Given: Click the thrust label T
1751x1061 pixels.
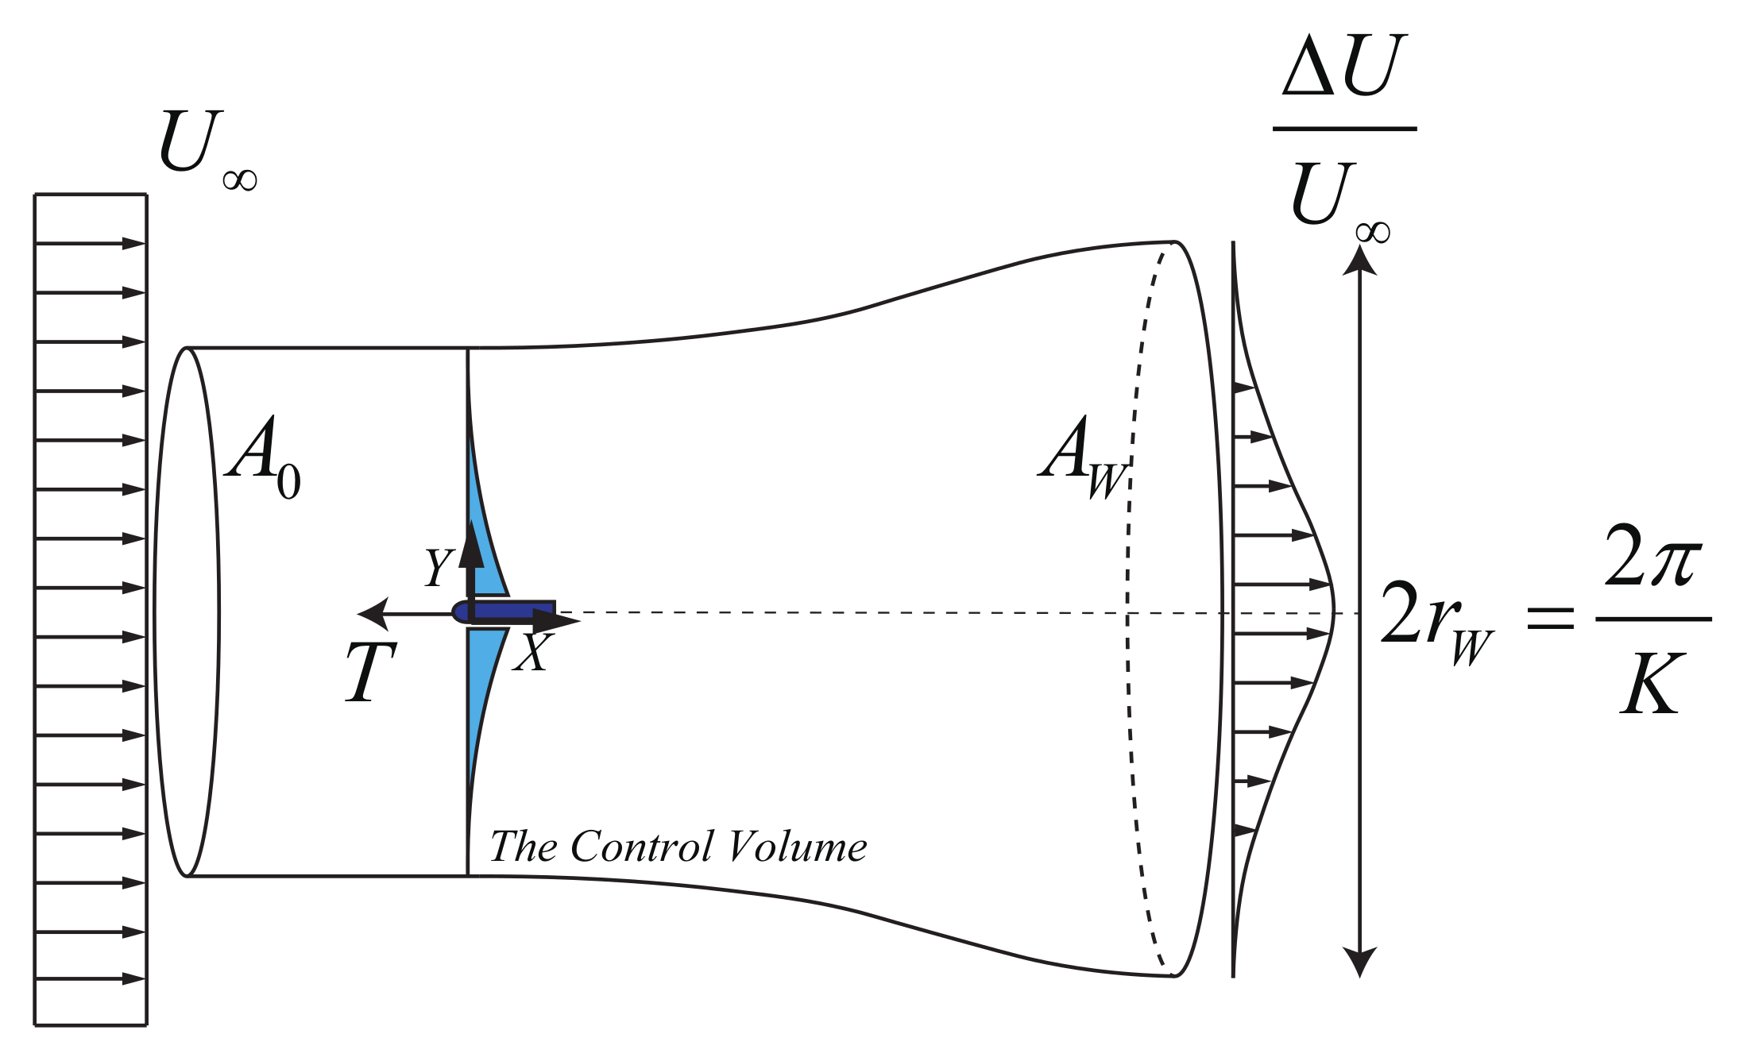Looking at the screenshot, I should pyautogui.click(x=370, y=672).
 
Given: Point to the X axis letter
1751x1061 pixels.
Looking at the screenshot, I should pyautogui.click(x=532, y=653).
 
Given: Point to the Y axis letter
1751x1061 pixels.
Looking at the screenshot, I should pyautogui.click(x=438, y=567).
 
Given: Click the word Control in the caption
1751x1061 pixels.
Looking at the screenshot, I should pyautogui.click(x=642, y=847).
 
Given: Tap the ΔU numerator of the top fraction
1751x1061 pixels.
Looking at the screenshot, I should pyautogui.click(x=1344, y=67).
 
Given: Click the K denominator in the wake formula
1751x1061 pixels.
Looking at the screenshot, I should pyautogui.click(x=1652, y=685).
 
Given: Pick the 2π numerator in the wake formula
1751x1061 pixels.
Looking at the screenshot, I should pyautogui.click(x=1652, y=556).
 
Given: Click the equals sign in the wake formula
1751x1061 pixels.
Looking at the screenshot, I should pyautogui.click(x=1550, y=618).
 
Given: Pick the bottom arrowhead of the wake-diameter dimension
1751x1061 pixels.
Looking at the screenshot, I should pyautogui.click(x=1359, y=963).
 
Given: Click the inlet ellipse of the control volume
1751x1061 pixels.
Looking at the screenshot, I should pyautogui.click(x=186, y=612).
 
